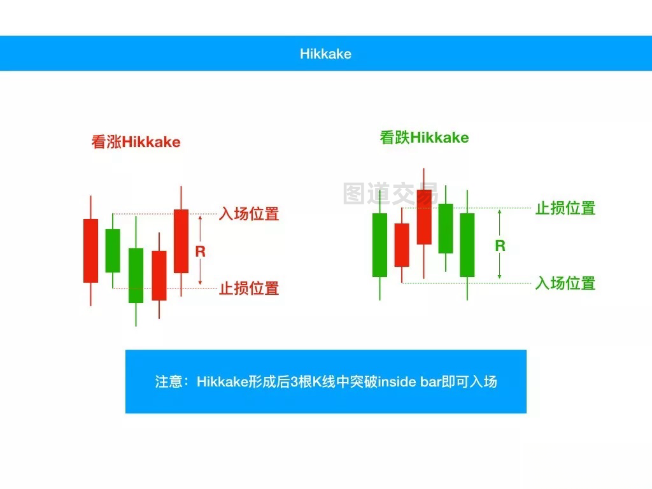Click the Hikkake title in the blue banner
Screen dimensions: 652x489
click(x=325, y=53)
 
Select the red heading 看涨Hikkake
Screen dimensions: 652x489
click(x=136, y=142)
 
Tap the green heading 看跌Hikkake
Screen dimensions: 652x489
click(x=424, y=138)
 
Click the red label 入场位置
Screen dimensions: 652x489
click(x=249, y=214)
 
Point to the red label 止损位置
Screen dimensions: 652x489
click(x=249, y=288)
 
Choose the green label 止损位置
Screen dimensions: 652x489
click(x=565, y=208)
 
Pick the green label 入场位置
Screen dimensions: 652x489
click(x=565, y=283)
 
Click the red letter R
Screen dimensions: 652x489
click(x=201, y=251)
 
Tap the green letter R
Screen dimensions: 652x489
click(x=500, y=245)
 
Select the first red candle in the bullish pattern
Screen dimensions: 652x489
click(x=90, y=251)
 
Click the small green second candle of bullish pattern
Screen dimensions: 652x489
click(x=113, y=251)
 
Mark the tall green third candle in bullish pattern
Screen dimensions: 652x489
click(x=136, y=275)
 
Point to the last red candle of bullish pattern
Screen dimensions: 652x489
click(x=181, y=241)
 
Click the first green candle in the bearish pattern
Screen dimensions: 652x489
click(x=379, y=245)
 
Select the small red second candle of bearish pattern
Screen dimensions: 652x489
click(x=402, y=245)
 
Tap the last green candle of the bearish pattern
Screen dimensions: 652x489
click(x=467, y=245)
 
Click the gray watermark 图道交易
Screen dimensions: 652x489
click(x=390, y=194)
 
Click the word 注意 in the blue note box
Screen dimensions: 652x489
click(x=168, y=381)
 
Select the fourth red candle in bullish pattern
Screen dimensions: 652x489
click(x=159, y=275)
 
